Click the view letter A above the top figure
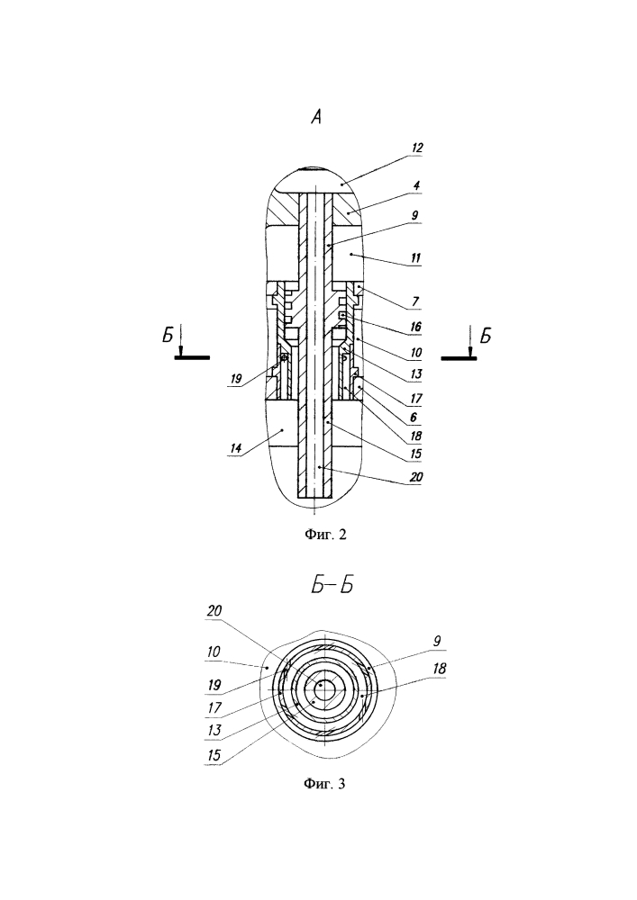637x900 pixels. point(316,117)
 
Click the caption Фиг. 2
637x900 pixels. point(325,535)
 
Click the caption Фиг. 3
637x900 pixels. point(324,784)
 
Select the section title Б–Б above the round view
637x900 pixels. point(332,586)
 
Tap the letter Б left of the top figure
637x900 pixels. point(168,335)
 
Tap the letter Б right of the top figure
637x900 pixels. point(486,335)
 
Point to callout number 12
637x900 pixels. point(416,148)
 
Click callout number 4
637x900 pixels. point(416,185)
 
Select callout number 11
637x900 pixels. point(415,257)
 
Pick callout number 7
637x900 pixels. point(415,301)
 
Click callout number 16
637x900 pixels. point(415,327)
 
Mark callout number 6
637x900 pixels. point(413,418)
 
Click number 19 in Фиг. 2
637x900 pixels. point(235,378)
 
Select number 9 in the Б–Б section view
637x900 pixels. point(437,641)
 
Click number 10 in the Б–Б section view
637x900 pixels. point(214,652)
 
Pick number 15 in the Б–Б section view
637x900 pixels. point(214,754)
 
